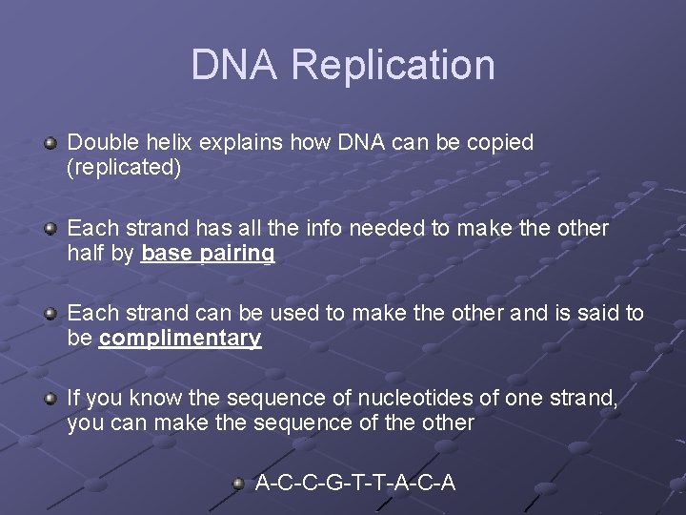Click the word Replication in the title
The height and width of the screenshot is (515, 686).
tap(393, 65)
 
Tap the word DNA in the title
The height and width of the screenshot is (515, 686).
tap(235, 65)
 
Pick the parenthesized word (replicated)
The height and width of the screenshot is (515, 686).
tap(124, 168)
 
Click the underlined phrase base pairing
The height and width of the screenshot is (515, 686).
tap(208, 254)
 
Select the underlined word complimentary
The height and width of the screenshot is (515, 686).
tap(180, 339)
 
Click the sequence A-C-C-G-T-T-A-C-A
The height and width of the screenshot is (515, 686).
tap(355, 484)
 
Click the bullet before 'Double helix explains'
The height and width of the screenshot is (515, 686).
tap(50, 143)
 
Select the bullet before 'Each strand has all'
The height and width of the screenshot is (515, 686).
tap(50, 229)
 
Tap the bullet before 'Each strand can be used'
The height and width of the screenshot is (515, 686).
tap(50, 314)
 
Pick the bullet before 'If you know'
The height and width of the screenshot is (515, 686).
tap(50, 399)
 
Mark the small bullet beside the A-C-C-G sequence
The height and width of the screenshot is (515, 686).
tap(239, 484)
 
